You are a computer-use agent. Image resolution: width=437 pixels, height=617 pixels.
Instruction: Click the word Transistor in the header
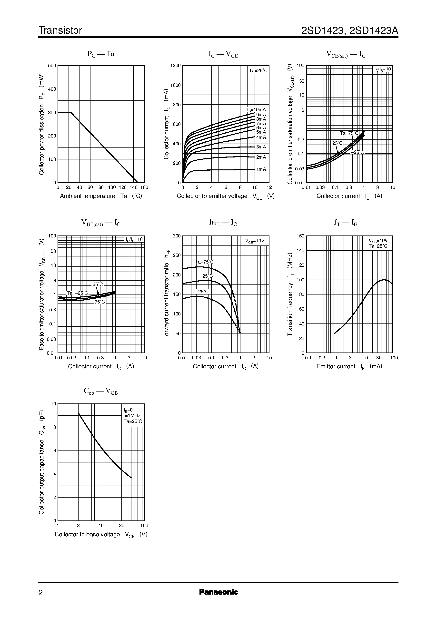(60, 30)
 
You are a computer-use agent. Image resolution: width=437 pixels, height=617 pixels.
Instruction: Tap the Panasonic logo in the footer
(218, 592)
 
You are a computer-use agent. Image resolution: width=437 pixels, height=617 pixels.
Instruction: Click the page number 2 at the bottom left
(41, 593)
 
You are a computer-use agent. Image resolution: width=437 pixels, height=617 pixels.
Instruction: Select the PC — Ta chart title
(101, 54)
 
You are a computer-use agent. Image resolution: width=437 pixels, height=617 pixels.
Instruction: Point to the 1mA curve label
(261, 169)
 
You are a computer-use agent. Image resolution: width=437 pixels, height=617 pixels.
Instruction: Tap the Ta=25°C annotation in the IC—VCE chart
(258, 71)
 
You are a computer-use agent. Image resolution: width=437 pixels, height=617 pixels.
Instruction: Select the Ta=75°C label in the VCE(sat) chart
(349, 133)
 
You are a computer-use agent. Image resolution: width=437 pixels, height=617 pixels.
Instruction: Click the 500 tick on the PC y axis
(52, 66)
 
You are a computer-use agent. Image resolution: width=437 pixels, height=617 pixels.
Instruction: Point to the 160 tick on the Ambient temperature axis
(144, 187)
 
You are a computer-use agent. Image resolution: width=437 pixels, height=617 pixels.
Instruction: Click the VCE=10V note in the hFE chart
(255, 241)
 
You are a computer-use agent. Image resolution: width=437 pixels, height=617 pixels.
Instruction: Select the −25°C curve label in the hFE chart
(202, 292)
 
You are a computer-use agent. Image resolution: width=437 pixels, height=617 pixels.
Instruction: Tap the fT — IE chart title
(346, 223)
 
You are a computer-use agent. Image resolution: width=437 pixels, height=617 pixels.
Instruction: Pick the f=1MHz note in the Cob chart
(132, 416)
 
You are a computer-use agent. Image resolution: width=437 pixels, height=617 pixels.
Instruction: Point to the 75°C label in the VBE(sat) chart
(99, 302)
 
